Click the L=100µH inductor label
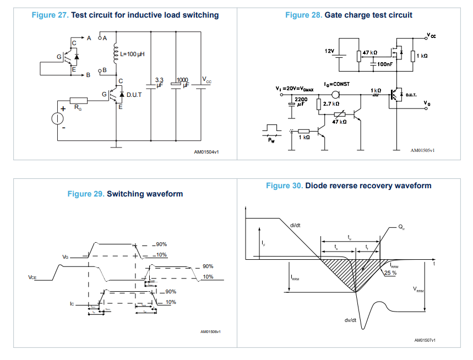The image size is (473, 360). [x=132, y=55]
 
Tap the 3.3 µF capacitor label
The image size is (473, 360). [x=160, y=83]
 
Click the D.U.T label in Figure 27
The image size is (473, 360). [x=135, y=95]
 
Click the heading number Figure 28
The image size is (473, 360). [x=303, y=15]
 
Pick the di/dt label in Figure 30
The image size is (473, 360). [x=295, y=225]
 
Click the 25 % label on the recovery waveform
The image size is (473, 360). [x=390, y=272]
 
